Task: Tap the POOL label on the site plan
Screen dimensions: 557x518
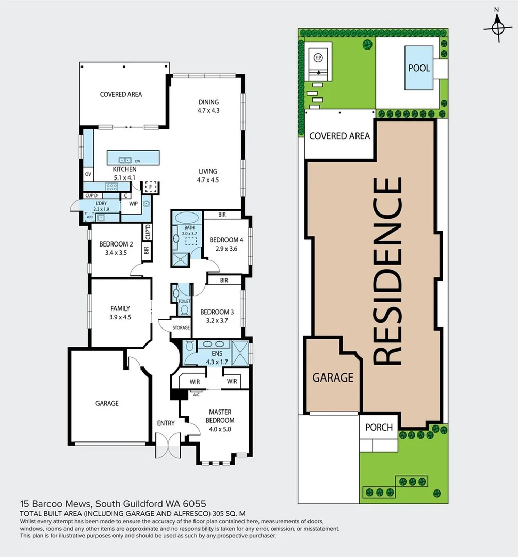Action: [x=419, y=68]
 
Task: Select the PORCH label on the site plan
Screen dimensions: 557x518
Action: [x=379, y=427]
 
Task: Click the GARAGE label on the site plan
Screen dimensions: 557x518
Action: [x=333, y=378]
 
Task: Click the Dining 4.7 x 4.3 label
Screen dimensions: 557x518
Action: [x=208, y=106]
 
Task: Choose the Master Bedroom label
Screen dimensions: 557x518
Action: [x=220, y=416]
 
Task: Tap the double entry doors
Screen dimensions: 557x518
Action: [x=168, y=445]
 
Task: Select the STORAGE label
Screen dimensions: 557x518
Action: [x=181, y=327]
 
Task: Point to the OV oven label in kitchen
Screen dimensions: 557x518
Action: [x=88, y=174]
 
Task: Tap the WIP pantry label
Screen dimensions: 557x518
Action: [x=133, y=204]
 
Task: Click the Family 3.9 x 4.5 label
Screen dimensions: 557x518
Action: [x=120, y=313]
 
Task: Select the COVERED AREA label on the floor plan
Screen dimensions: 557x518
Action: [x=121, y=94]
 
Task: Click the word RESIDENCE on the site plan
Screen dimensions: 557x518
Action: [x=387, y=271]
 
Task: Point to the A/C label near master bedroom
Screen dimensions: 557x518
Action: [x=196, y=394]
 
